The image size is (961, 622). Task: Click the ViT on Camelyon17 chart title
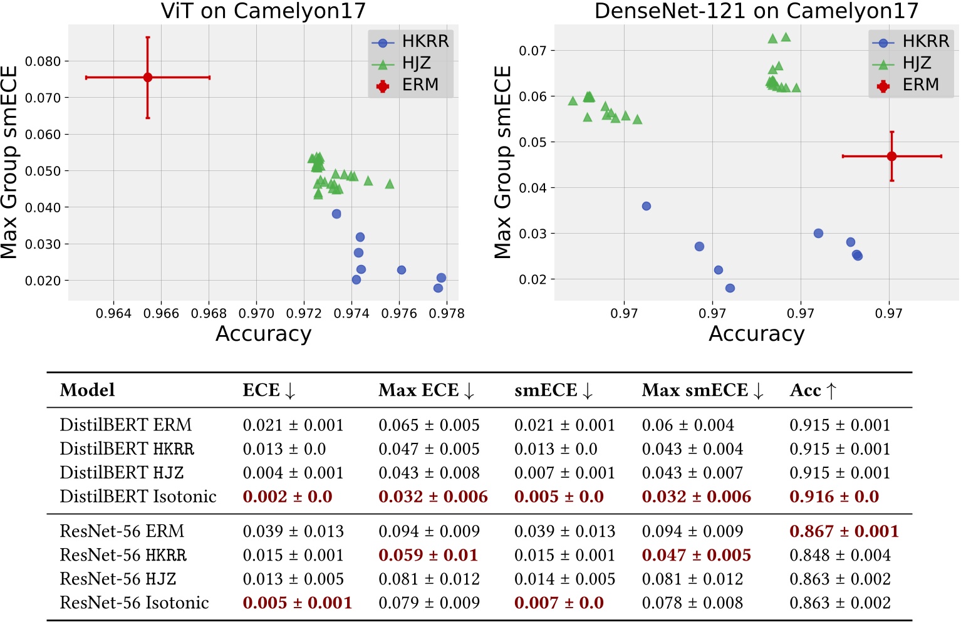pyautogui.click(x=263, y=11)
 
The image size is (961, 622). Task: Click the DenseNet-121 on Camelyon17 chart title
pyautogui.click(x=756, y=11)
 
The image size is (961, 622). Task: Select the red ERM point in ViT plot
pyautogui.click(x=148, y=78)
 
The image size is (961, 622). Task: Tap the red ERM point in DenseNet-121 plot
pyautogui.click(x=891, y=156)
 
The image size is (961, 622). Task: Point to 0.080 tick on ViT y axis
pyautogui.click(x=43, y=61)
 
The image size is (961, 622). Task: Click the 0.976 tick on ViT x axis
pyautogui.click(x=399, y=313)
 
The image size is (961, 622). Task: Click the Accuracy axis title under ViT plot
pyautogui.click(x=263, y=334)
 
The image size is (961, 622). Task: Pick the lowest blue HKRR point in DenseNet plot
pyautogui.click(x=730, y=288)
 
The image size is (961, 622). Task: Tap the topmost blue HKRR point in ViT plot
pyautogui.click(x=336, y=214)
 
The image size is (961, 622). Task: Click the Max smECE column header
pyautogui.click(x=702, y=390)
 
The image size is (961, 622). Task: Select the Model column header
pyautogui.click(x=87, y=390)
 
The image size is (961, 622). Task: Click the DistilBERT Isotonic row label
pyautogui.click(x=138, y=497)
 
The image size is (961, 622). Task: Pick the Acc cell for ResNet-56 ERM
pyautogui.click(x=843, y=531)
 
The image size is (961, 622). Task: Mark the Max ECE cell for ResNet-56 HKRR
pyautogui.click(x=428, y=555)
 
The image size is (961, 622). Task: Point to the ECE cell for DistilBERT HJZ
pyautogui.click(x=293, y=473)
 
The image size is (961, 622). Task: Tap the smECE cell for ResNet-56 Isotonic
pyautogui.click(x=558, y=603)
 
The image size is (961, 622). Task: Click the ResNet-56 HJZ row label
pyautogui.click(x=118, y=579)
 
